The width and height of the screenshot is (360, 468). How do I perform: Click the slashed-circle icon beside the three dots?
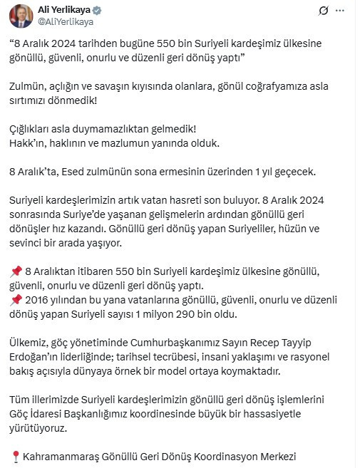[323, 10]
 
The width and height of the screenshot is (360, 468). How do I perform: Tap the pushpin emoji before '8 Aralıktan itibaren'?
[16, 272]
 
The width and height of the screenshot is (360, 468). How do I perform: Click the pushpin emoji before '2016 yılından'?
[16, 298]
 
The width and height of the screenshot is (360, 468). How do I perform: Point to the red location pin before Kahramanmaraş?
[16, 457]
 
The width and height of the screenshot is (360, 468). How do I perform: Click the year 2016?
[37, 298]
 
